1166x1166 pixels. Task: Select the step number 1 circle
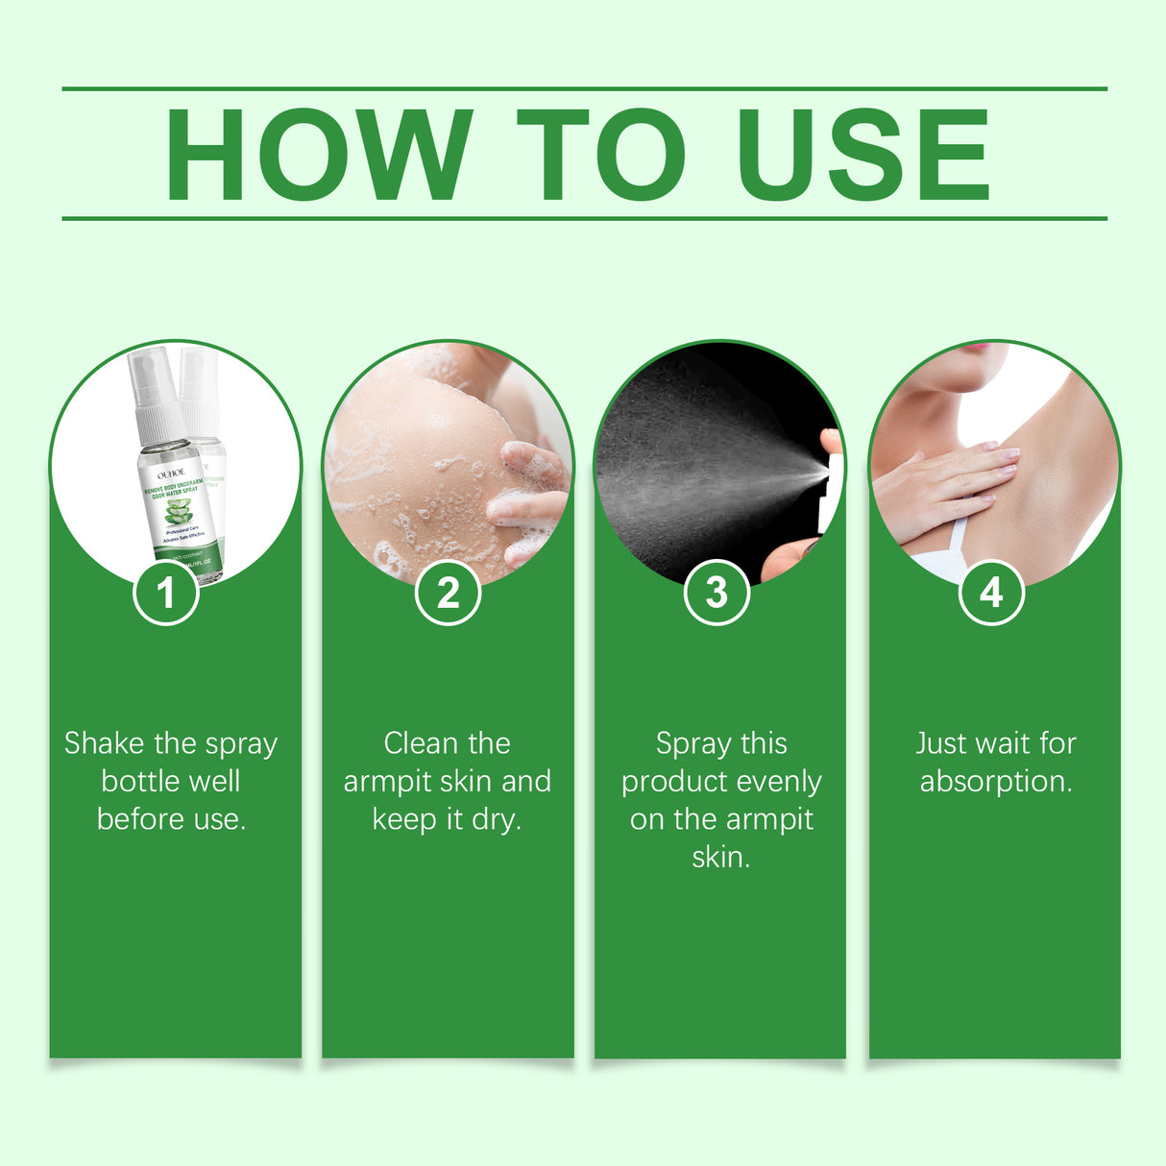(166, 593)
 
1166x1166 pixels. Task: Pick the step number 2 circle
(448, 593)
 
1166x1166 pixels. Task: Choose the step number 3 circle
(717, 593)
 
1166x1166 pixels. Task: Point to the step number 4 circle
(991, 593)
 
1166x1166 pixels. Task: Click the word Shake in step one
(104, 743)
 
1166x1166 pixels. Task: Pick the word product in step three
(668, 782)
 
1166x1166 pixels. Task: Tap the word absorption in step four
(996, 782)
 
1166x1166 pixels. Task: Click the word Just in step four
(935, 743)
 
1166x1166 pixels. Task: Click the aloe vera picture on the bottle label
(179, 512)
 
